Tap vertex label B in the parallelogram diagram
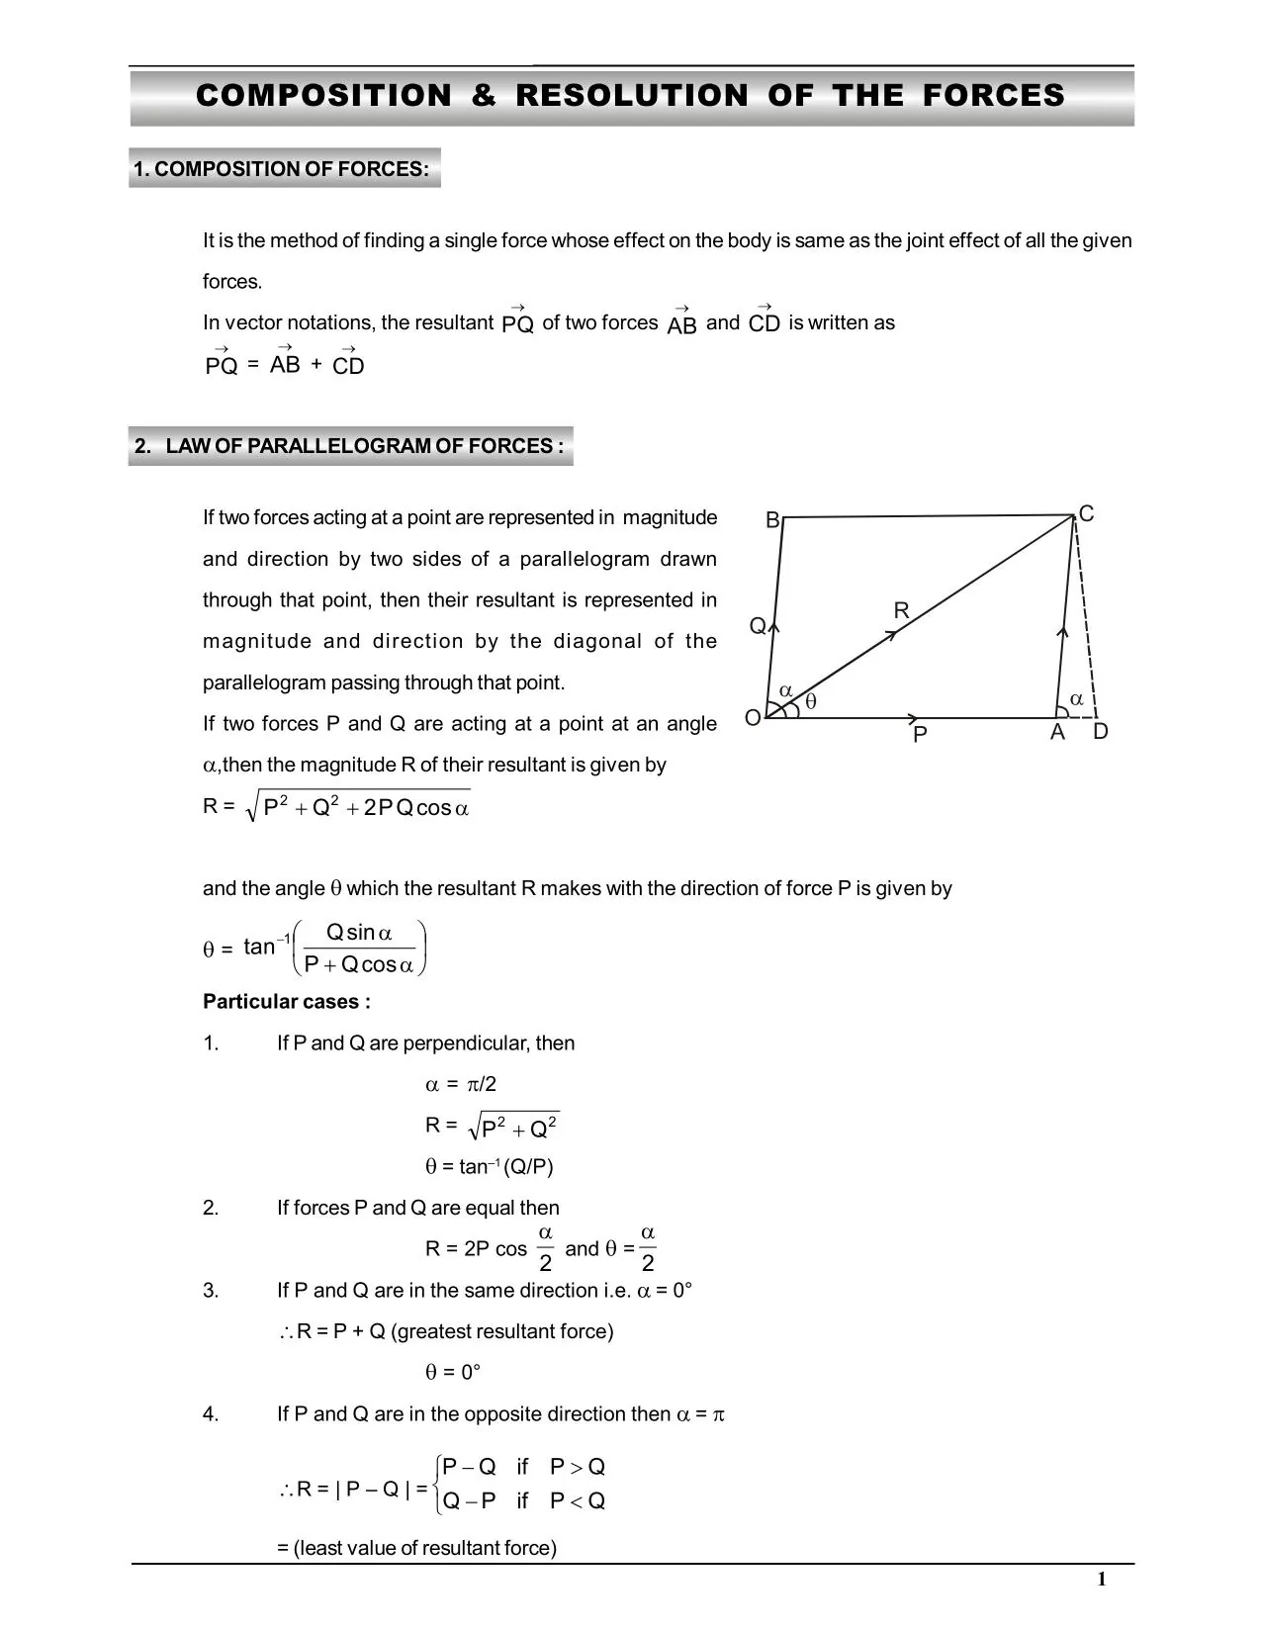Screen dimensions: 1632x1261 [772, 520]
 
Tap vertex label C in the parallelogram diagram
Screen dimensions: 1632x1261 [1086, 514]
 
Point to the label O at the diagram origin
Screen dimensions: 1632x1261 [753, 718]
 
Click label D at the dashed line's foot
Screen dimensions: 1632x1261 [1101, 732]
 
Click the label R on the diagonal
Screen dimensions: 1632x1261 [901, 611]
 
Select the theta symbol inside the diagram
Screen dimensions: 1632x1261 [811, 701]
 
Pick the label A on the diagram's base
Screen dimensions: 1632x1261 [1057, 733]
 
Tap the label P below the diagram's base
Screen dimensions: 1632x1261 [920, 735]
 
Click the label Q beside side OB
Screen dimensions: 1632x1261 [757, 626]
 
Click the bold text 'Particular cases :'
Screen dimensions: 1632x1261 [287, 1002]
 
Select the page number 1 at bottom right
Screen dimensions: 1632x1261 [1101, 1580]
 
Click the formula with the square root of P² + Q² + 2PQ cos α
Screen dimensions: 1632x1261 [361, 807]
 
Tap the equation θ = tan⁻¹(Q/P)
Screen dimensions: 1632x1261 [490, 1167]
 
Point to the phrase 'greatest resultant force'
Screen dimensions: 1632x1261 [502, 1331]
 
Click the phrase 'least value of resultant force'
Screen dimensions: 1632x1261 [424, 1548]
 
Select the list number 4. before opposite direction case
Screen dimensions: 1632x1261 [211, 1414]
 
